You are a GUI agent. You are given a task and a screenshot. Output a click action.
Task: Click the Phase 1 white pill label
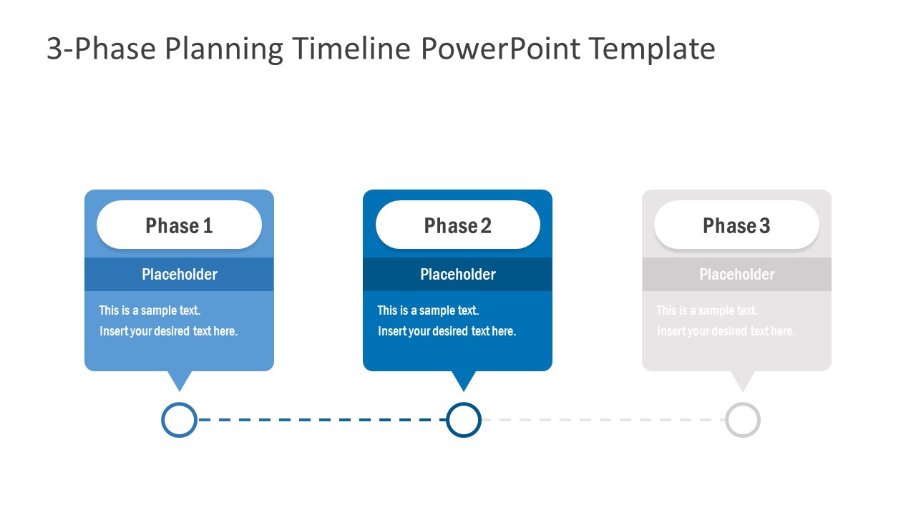(179, 225)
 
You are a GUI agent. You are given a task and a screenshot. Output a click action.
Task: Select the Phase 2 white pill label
(458, 225)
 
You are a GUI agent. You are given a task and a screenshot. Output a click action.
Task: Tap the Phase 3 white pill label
(736, 225)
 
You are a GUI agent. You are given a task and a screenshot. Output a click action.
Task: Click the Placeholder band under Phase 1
(179, 275)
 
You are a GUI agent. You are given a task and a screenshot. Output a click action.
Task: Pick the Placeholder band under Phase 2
(458, 275)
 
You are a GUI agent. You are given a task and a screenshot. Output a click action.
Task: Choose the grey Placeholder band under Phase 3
(736, 275)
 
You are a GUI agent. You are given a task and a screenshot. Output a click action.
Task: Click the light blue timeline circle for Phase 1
(179, 420)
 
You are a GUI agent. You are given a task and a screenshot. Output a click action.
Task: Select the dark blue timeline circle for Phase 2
(464, 420)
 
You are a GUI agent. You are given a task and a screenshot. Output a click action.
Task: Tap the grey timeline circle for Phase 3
(743, 420)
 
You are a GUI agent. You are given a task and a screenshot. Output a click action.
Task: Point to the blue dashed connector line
(322, 420)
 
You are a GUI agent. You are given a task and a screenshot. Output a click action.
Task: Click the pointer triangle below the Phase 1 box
(179, 379)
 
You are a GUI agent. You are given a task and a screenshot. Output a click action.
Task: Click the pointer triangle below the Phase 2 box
(464, 379)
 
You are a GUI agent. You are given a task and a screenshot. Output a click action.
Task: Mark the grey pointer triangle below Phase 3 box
(743, 379)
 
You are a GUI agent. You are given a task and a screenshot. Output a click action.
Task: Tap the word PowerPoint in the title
(500, 49)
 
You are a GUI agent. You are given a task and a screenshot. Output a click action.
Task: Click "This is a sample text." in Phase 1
(150, 310)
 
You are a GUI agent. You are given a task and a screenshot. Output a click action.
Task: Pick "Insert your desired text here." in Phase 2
(447, 331)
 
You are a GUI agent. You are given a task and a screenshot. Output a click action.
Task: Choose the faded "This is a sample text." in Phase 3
(707, 310)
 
